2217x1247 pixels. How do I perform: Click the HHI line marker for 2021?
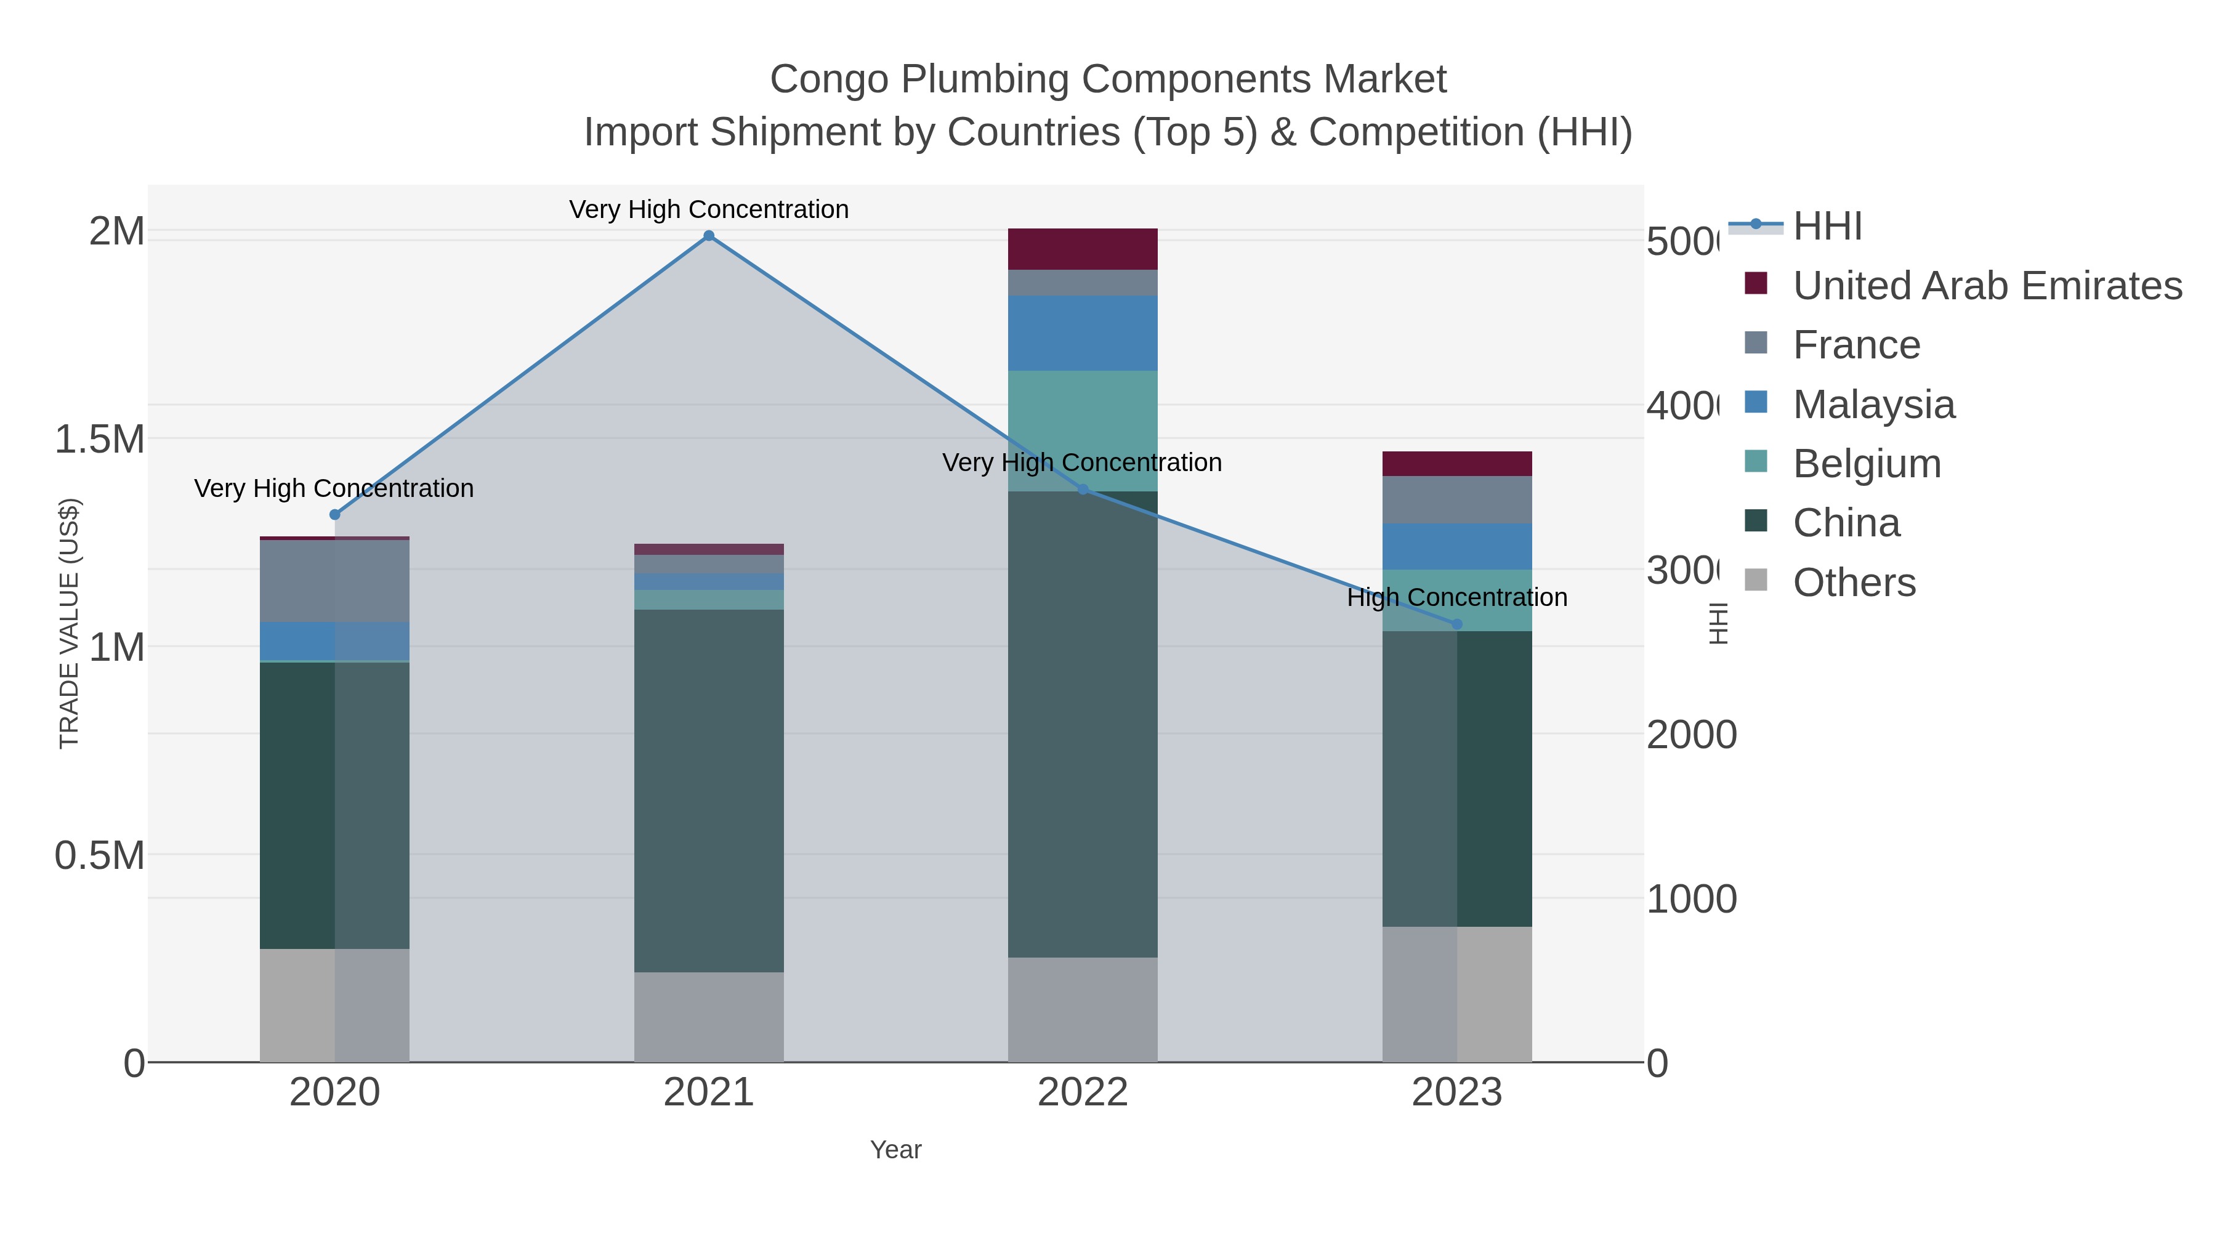pyautogui.click(x=708, y=236)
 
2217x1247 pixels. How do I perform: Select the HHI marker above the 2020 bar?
pyautogui.click(x=335, y=515)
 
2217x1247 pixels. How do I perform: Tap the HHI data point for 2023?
pyautogui.click(x=1456, y=624)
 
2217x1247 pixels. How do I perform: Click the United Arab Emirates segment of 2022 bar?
pyautogui.click(x=1082, y=249)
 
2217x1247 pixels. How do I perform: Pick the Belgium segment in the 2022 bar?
pyautogui.click(x=1082, y=430)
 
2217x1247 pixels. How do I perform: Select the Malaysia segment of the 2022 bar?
pyautogui.click(x=1082, y=333)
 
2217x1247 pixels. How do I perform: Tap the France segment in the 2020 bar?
pyautogui.click(x=335, y=581)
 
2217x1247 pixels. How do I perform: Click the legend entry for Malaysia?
pyautogui.click(x=1873, y=405)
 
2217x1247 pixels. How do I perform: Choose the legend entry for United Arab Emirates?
pyautogui.click(x=1986, y=286)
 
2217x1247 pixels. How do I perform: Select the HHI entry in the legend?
pyautogui.click(x=1827, y=227)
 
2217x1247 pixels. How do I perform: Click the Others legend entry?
pyautogui.click(x=1854, y=583)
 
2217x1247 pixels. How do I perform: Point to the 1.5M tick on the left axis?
pyautogui.click(x=99, y=439)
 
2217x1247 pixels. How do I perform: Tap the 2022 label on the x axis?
pyautogui.click(x=1082, y=1093)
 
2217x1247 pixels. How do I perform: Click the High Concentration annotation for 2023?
pyautogui.click(x=1456, y=597)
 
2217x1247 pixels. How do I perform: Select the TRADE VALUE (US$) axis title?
pyautogui.click(x=69, y=623)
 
